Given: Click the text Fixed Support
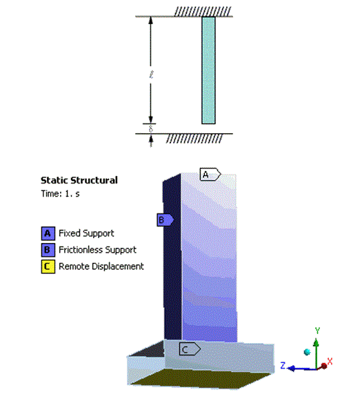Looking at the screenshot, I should (x=86, y=233).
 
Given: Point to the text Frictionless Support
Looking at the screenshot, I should (x=97, y=250).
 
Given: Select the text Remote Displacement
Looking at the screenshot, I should (x=101, y=266).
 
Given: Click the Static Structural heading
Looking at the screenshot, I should (x=79, y=180).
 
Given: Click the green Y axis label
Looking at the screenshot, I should (x=317, y=331).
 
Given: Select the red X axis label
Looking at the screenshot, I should (x=330, y=361).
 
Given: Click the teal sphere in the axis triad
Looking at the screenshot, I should (x=307, y=353).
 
